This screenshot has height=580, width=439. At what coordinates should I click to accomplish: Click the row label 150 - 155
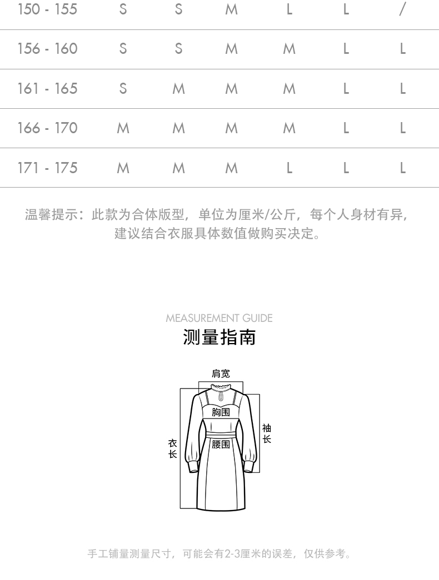click(x=47, y=9)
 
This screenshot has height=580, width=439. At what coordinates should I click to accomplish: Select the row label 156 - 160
click(x=47, y=49)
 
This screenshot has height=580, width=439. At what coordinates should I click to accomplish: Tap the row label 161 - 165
click(x=47, y=89)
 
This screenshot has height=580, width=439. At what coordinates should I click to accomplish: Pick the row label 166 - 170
click(x=47, y=128)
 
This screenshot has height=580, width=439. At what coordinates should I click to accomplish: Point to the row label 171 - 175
click(x=47, y=168)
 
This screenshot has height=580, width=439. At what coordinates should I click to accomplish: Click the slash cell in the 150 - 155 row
click(x=403, y=9)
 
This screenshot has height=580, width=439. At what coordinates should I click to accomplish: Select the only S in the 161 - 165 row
click(x=123, y=89)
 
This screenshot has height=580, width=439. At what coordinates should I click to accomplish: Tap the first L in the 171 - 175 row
click(x=290, y=168)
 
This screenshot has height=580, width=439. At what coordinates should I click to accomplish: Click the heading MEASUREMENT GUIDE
click(x=219, y=318)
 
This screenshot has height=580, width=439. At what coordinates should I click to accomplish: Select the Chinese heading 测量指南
click(x=219, y=337)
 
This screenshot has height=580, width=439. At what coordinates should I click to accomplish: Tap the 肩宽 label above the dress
click(x=221, y=374)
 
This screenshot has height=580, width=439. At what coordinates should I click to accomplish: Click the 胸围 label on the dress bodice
click(x=221, y=412)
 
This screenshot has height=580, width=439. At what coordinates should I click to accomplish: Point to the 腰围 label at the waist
click(x=221, y=444)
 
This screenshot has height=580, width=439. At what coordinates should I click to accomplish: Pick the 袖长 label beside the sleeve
click(x=267, y=433)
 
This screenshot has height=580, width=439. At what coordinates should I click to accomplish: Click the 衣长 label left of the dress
click(x=173, y=448)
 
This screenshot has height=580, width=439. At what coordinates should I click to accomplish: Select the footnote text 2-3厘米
click(x=241, y=554)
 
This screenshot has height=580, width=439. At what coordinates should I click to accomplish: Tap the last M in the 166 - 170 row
click(x=290, y=128)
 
